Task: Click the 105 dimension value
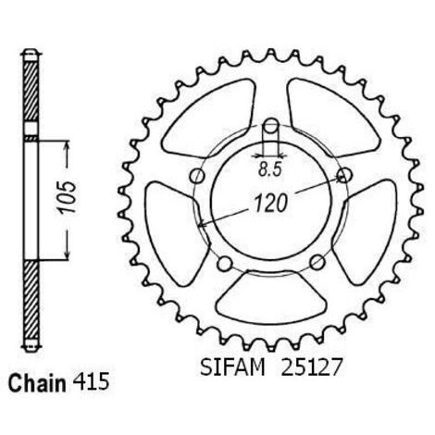click(x=68, y=198)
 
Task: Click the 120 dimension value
click(x=270, y=204)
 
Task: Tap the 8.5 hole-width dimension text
click(x=270, y=169)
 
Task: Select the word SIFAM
click(x=232, y=367)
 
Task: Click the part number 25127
click(x=311, y=367)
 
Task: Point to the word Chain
click(x=37, y=384)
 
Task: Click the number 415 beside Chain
click(x=91, y=382)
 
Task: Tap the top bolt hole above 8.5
click(x=271, y=126)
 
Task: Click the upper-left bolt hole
click(x=197, y=176)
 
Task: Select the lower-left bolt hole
click(x=225, y=263)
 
